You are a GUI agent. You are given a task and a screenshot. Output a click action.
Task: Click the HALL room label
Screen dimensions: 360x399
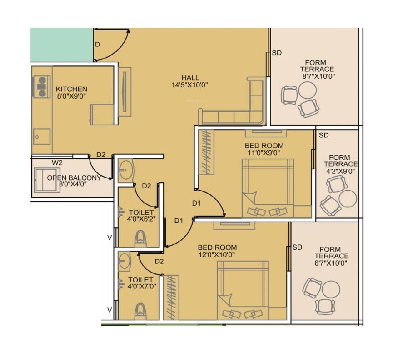coord(190,77)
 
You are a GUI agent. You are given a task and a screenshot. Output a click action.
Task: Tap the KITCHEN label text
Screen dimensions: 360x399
coord(71,89)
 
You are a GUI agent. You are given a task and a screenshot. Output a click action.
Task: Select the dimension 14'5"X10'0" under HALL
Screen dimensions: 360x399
coord(190,85)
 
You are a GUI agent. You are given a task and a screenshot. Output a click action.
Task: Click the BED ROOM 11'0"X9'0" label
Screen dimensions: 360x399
coord(264,149)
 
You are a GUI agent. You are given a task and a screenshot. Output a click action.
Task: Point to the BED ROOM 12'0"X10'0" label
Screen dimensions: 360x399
coord(218,251)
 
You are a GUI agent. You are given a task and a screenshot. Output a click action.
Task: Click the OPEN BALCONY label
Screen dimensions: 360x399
coord(74,178)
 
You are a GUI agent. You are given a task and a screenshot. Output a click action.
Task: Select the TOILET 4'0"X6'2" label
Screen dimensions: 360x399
coord(141,216)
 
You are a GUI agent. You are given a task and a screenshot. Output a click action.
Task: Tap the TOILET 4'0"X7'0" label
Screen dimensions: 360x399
coord(141,283)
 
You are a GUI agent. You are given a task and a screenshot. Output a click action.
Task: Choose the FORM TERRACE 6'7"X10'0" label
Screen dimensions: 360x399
coord(333,256)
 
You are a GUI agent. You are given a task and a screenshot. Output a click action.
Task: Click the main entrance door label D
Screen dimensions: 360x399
coord(97,44)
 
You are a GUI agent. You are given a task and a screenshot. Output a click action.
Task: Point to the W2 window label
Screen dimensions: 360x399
coord(57,162)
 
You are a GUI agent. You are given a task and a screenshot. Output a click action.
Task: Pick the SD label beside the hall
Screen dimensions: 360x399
coord(277,53)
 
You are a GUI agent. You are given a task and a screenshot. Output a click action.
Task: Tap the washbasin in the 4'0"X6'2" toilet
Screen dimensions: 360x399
coord(126,170)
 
